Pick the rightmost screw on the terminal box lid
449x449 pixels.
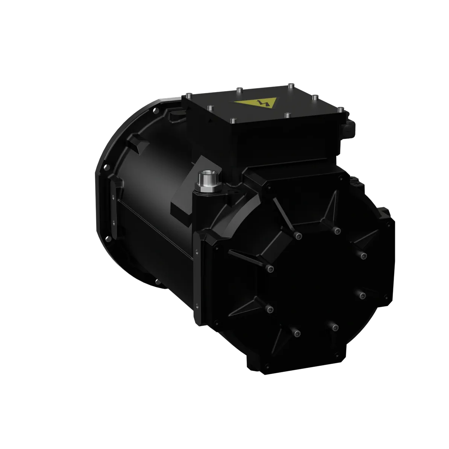pyautogui.click(x=340, y=109)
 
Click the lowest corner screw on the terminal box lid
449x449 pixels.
pyautogui.click(x=232, y=120)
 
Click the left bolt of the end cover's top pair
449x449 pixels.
pyautogui.click(x=299, y=236)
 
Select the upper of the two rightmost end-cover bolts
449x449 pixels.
pyautogui.click(x=363, y=256)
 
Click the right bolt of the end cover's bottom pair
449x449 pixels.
pyautogui.click(x=334, y=326)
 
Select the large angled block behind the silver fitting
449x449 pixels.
pyautogui.click(x=184, y=196)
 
